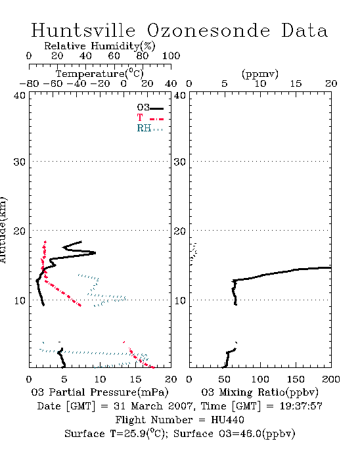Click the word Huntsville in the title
point(83,30)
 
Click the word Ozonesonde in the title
point(208,30)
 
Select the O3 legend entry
point(150,108)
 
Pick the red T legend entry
point(150,118)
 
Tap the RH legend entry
point(150,128)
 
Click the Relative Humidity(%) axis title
point(100,46)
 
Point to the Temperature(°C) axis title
point(100,74)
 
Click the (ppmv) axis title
point(260,74)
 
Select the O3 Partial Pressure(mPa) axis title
point(100,392)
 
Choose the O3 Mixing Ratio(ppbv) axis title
point(259,392)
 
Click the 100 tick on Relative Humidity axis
point(171,55)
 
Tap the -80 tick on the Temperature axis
point(29,83)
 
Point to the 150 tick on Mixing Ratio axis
point(296,379)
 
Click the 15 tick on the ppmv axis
point(296,83)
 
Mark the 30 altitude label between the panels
point(180,162)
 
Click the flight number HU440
point(227,420)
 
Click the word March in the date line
point(146,406)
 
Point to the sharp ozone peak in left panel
point(95,252)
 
